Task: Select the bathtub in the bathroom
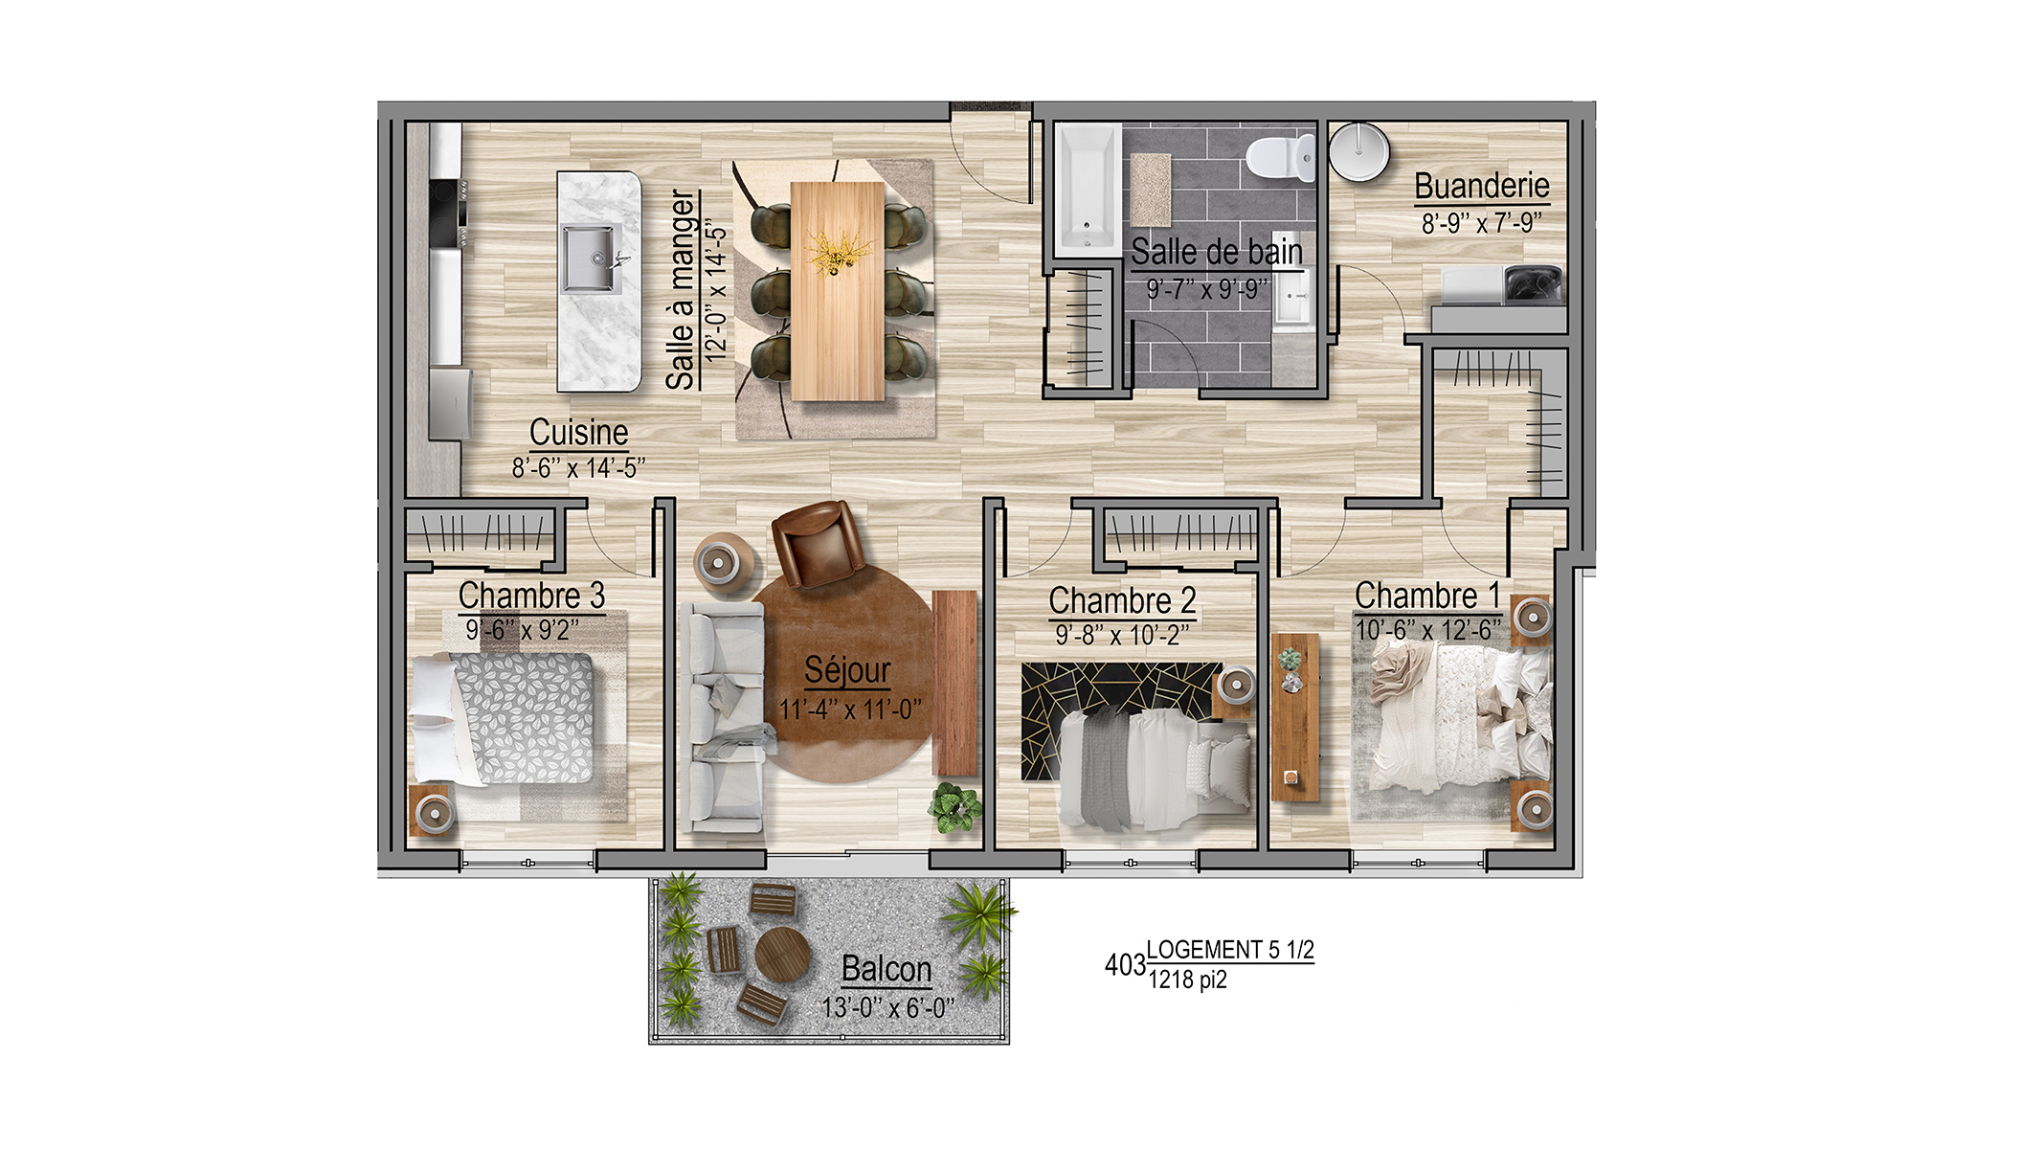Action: click(x=1088, y=189)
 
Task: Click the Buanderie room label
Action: click(x=1482, y=185)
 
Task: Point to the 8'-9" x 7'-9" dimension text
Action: click(x=1482, y=223)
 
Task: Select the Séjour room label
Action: click(x=847, y=670)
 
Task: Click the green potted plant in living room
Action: click(x=954, y=807)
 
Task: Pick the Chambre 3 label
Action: click(x=531, y=595)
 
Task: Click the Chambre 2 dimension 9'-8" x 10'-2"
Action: click(x=1122, y=635)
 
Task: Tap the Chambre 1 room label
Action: click(x=1427, y=595)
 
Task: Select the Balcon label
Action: click(x=886, y=969)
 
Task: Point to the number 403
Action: click(x=1125, y=965)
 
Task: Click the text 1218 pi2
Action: click(x=1187, y=980)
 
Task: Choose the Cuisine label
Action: click(x=578, y=432)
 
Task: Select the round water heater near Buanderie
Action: click(x=1358, y=151)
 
